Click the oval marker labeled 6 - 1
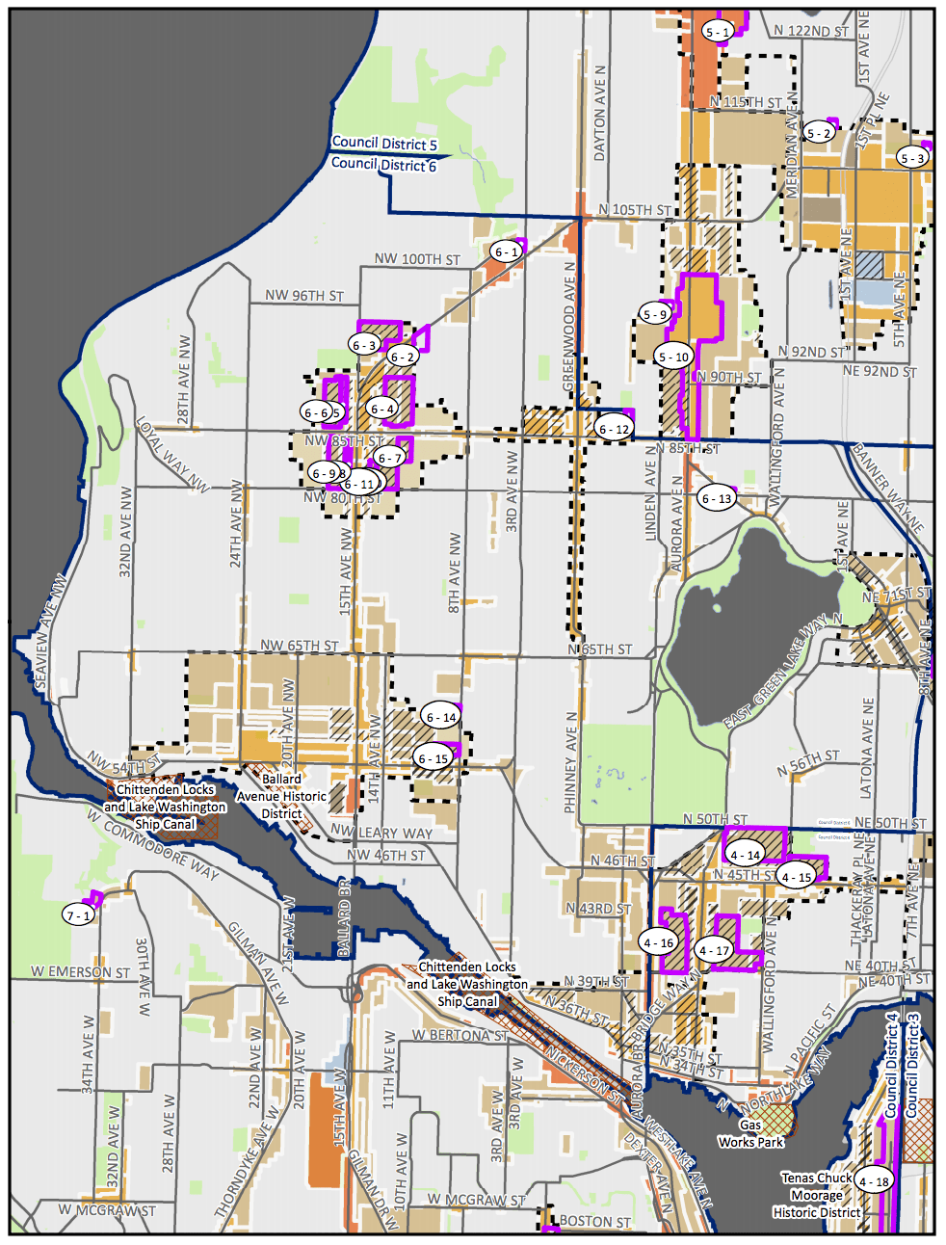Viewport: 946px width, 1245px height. (507, 252)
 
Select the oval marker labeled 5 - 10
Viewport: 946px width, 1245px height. (673, 357)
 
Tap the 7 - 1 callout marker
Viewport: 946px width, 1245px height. (79, 915)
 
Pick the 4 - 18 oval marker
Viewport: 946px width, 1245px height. (874, 1181)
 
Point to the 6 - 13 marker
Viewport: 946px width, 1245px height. (716, 498)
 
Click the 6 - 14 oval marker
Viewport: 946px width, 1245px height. (441, 717)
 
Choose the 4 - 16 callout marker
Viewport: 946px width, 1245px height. (659, 942)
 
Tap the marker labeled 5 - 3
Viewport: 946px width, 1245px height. (911, 158)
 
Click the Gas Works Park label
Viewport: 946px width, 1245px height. (750, 1133)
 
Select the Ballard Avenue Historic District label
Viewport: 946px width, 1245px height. (281, 796)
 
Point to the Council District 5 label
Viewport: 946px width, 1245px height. (384, 144)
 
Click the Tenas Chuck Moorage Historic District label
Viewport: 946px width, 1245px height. (817, 1195)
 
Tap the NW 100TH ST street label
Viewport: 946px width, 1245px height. (417, 259)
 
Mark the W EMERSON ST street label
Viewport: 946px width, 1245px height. (80, 972)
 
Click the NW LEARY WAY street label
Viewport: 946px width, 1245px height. (381, 833)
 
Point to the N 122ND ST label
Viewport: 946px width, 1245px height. (811, 32)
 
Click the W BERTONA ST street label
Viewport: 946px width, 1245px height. (460, 1035)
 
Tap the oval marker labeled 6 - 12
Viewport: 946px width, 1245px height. (614, 429)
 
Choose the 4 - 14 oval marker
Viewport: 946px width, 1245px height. (745, 855)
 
